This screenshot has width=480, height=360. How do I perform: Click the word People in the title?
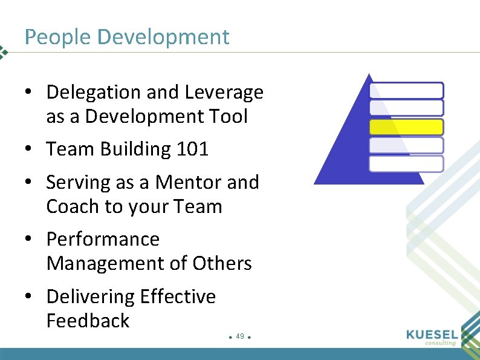57,38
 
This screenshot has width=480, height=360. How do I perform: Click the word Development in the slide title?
163,38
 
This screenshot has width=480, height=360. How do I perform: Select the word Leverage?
224,93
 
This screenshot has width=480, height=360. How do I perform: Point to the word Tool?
228,117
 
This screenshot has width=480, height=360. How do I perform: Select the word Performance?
103,240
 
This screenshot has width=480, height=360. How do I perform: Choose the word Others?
222,264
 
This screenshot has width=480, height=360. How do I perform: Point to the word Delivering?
90,296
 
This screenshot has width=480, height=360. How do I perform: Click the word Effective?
178,296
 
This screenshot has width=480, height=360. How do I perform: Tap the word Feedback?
88,321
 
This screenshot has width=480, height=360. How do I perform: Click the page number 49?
239,336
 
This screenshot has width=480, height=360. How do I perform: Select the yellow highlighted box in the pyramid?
406,127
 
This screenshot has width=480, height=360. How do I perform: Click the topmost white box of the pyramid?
406,91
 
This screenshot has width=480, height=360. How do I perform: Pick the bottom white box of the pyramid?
406,164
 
